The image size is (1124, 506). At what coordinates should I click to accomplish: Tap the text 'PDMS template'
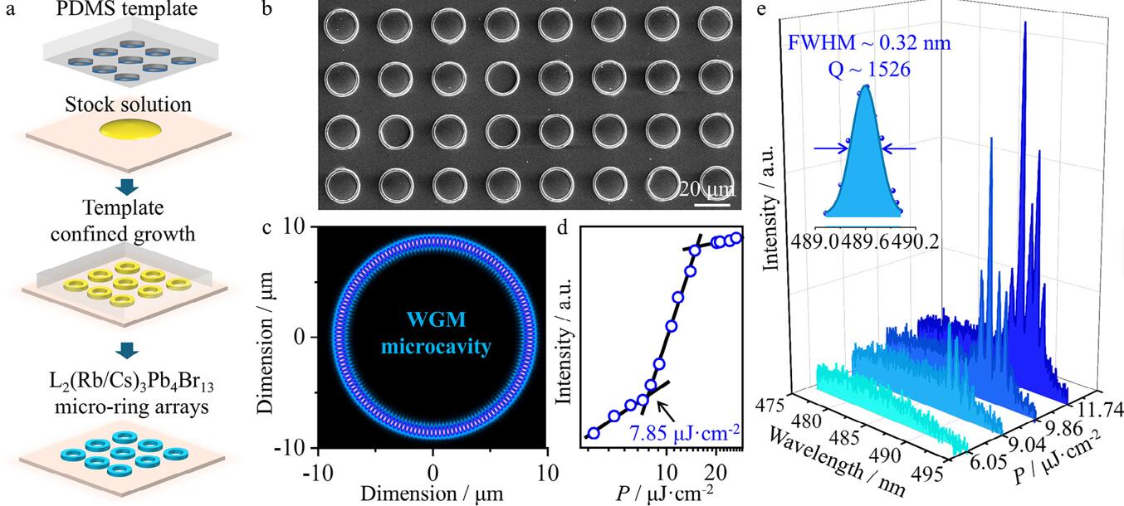[117, 10]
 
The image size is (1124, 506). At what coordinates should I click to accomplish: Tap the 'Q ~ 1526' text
[866, 70]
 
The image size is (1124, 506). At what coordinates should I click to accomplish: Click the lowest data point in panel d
[594, 432]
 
